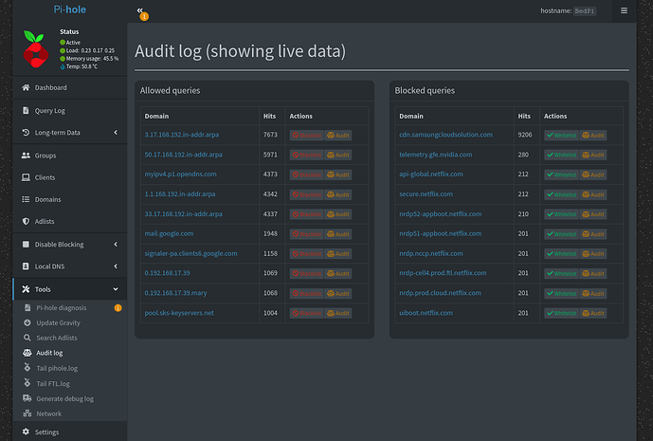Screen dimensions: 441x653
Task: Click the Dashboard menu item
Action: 50,87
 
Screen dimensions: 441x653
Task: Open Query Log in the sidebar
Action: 49,110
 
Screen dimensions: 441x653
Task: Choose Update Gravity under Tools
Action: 59,322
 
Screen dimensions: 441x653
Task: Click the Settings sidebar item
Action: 46,432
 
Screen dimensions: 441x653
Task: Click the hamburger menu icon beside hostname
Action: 624,10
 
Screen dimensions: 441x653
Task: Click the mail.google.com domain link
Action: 169,233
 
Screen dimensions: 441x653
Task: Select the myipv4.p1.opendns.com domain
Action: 180,175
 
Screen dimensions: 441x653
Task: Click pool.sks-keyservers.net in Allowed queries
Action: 179,313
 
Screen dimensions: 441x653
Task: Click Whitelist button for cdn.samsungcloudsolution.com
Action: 561,136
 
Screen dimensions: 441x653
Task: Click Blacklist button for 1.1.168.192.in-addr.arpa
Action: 306,194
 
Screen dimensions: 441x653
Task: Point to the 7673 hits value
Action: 270,135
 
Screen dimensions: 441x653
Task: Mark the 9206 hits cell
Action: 525,135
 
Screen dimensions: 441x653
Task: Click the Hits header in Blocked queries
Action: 524,116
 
